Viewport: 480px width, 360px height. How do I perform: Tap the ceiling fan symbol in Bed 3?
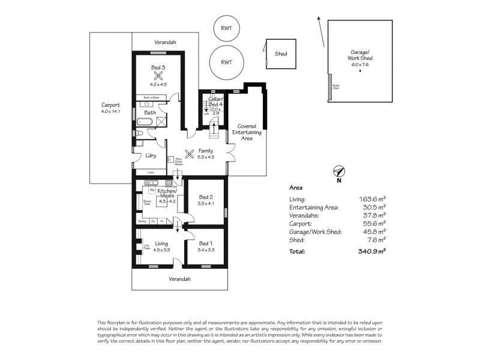click(x=158, y=76)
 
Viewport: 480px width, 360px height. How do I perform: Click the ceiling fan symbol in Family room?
click(x=191, y=154)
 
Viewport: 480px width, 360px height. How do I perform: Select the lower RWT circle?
click(x=226, y=62)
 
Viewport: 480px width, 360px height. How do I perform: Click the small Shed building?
click(x=281, y=54)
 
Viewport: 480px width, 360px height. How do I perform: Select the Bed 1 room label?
click(x=206, y=244)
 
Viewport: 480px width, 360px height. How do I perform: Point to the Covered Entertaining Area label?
click(x=247, y=133)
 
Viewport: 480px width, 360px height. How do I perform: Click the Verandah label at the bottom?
click(x=179, y=279)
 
